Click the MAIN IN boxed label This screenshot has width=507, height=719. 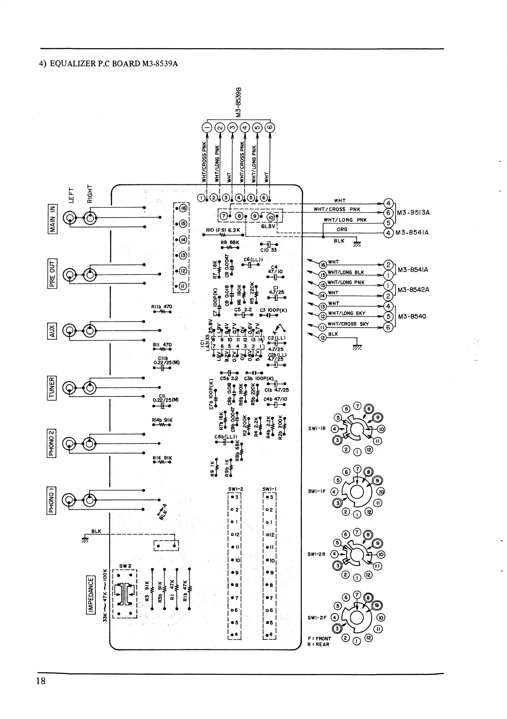coord(52,218)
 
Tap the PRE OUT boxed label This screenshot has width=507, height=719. coord(52,274)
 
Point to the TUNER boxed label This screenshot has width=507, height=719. coord(52,388)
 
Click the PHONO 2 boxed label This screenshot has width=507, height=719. coord(52,443)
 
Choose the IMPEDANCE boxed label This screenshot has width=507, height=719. coord(91,595)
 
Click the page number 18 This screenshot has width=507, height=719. coord(41,681)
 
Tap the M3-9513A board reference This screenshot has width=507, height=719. coord(413,212)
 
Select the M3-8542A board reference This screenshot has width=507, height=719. coord(413,290)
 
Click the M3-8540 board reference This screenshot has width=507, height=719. coord(412,316)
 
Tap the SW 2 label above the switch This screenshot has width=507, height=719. coord(125,566)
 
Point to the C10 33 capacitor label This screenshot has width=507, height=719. coord(268,250)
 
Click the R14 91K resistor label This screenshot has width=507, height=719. coord(162,458)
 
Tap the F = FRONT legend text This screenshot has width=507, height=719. coord(320,639)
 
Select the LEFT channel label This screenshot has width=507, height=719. coord(71,194)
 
